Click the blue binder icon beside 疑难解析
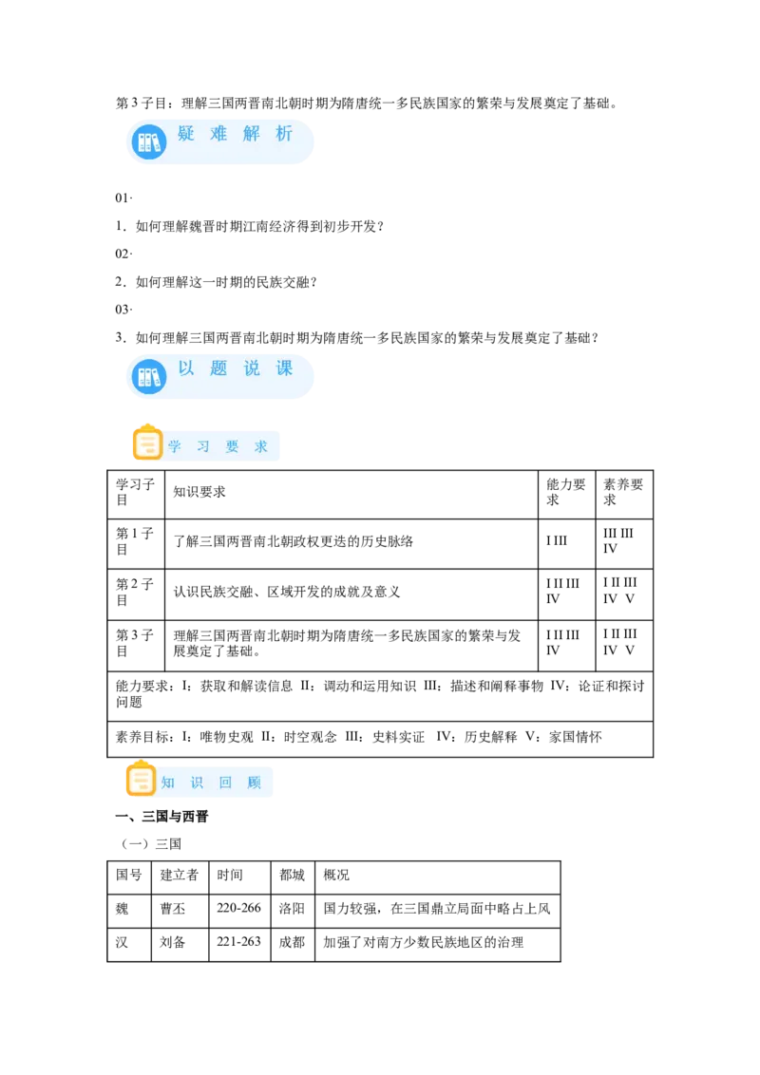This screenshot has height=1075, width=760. (x=149, y=141)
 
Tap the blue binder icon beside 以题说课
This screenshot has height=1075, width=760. (x=149, y=376)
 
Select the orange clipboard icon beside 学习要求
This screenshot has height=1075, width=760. (x=147, y=443)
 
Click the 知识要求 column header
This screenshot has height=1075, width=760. (x=199, y=492)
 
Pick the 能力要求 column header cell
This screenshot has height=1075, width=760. (x=566, y=492)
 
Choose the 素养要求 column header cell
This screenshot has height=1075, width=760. (x=623, y=492)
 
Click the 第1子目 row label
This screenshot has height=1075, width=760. (x=135, y=541)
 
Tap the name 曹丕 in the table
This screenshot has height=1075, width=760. (x=173, y=909)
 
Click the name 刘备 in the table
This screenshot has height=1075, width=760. (x=173, y=942)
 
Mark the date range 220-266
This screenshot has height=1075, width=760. (x=238, y=908)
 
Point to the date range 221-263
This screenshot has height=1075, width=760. (x=238, y=941)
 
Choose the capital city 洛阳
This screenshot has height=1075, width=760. (x=292, y=909)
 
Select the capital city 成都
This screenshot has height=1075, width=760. (x=292, y=942)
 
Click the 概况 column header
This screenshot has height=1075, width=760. (x=336, y=875)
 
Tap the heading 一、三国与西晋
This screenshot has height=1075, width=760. (x=161, y=817)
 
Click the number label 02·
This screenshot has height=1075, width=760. (x=123, y=254)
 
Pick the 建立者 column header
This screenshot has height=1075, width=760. (x=179, y=875)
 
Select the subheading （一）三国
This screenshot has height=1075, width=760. (x=151, y=844)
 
